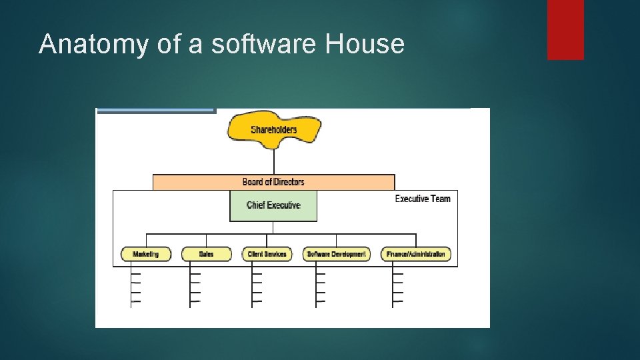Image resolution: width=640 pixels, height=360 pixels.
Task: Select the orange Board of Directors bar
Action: (273, 182)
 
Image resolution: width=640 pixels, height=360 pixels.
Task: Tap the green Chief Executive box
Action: (273, 205)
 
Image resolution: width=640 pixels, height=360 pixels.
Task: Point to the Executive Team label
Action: (422, 199)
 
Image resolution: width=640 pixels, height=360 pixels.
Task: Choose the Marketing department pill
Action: (145, 254)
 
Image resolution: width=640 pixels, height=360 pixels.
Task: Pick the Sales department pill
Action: (206, 254)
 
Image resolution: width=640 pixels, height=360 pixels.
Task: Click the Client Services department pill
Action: (267, 254)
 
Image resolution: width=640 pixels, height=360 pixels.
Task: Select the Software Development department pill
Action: (336, 254)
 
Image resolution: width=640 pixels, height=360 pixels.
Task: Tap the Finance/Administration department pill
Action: (415, 254)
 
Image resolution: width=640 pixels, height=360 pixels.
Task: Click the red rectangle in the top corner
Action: (565, 29)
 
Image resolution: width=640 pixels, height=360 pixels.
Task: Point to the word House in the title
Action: (365, 44)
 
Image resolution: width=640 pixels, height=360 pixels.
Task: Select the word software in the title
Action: (265, 44)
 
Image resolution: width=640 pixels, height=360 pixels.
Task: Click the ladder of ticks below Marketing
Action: (135, 287)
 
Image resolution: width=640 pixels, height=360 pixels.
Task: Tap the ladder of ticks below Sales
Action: (195, 287)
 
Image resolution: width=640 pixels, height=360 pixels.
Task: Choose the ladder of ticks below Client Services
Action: (256, 287)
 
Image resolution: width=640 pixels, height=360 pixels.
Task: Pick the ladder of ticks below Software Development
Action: (320, 287)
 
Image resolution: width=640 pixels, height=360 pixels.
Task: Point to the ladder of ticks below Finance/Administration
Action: (397, 287)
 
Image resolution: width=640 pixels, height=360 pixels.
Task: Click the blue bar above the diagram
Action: (156, 111)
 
